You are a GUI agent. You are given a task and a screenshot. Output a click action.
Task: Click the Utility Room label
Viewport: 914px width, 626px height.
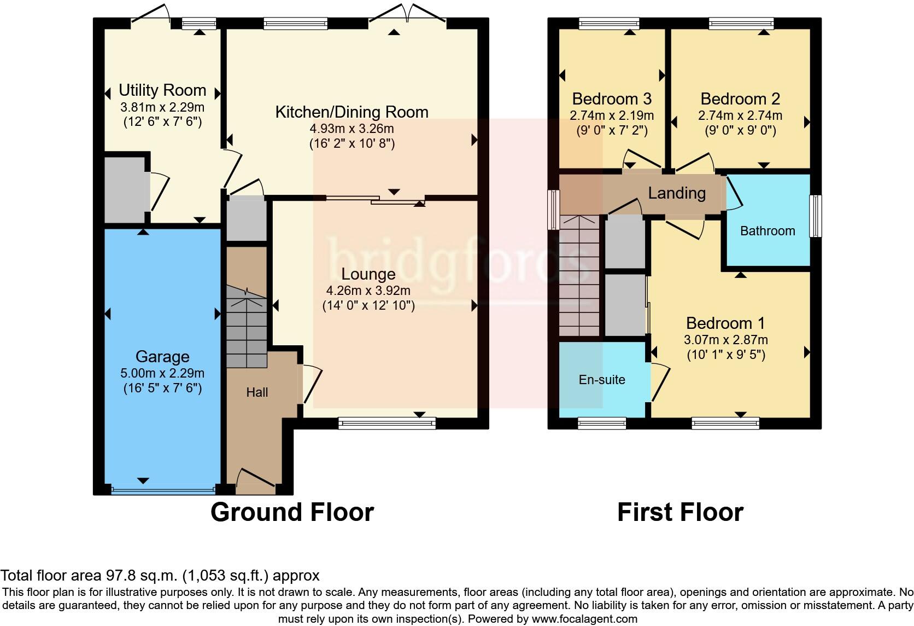click(x=162, y=90)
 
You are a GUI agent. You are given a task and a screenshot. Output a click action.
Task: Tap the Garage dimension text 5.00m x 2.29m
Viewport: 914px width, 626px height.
click(x=162, y=373)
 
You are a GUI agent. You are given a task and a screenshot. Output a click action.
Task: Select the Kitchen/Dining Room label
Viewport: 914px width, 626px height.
click(x=351, y=112)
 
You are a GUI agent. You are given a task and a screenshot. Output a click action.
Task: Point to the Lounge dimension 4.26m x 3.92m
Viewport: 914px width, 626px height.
click(x=368, y=291)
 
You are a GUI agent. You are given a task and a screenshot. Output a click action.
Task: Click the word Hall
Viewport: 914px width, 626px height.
click(x=257, y=392)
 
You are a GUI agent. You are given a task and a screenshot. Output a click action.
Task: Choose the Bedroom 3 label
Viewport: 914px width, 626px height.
click(x=612, y=99)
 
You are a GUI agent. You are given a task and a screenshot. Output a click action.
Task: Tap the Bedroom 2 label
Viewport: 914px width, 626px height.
click(x=740, y=99)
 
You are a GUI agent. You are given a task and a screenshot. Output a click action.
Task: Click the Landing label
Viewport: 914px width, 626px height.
click(x=677, y=193)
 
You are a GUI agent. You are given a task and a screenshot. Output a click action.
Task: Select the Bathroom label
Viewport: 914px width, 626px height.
click(x=767, y=231)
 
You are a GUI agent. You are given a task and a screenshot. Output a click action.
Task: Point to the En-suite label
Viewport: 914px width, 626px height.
click(x=602, y=380)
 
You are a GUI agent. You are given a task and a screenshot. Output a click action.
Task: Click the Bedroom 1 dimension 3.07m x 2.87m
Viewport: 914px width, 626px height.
click(x=726, y=340)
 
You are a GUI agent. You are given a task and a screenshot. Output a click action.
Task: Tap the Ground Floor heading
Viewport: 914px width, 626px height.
click(x=292, y=512)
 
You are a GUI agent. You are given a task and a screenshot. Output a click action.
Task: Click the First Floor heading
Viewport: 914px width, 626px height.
click(x=680, y=512)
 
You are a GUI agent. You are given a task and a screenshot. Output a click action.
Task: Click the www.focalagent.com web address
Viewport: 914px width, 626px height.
click(x=584, y=619)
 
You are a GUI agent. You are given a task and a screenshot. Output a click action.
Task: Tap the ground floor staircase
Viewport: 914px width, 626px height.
click(x=247, y=327)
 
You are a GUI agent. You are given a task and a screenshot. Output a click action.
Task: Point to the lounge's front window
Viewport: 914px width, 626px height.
click(x=387, y=423)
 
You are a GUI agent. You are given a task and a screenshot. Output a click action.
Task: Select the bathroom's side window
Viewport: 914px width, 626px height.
click(x=815, y=216)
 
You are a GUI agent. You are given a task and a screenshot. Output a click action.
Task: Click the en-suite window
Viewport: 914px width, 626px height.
click(x=602, y=423)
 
